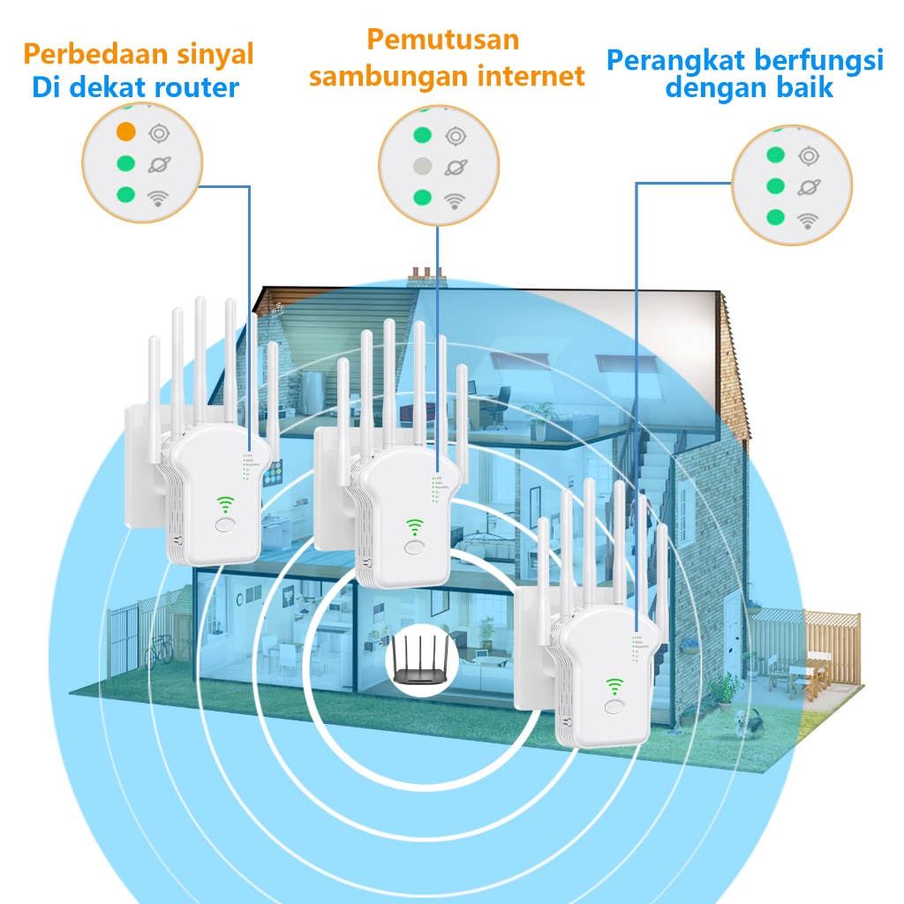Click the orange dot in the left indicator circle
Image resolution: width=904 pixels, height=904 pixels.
click(126, 132)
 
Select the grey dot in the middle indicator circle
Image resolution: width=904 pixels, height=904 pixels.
click(423, 165)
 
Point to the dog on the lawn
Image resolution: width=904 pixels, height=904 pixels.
click(742, 724)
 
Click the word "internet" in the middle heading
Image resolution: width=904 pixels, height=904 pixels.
click(531, 76)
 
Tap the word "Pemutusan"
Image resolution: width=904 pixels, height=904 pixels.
click(442, 40)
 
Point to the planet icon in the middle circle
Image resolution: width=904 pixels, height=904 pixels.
click(456, 166)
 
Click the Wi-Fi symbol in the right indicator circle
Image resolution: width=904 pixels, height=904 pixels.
click(807, 220)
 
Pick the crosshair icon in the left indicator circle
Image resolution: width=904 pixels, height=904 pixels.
click(159, 133)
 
